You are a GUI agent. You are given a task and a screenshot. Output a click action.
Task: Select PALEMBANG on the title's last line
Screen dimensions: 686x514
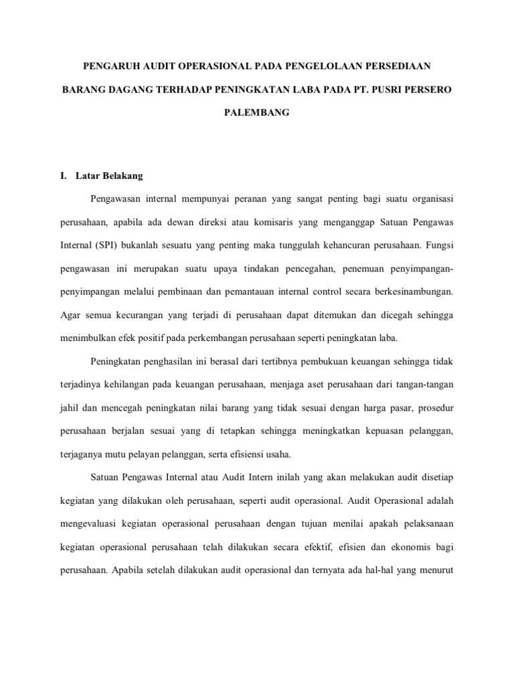[x=256, y=113]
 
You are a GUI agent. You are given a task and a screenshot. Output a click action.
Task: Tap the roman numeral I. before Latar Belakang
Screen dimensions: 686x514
[x=64, y=176]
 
